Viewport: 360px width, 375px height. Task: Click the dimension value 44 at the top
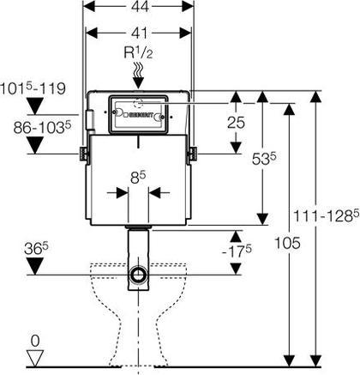[140, 6]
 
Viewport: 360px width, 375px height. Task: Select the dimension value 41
[139, 33]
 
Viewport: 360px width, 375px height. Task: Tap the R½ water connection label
[138, 53]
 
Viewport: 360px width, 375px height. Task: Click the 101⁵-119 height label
[33, 88]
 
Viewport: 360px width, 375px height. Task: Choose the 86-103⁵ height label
[42, 128]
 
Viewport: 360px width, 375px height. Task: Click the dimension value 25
[236, 123]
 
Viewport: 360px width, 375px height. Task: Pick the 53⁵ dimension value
[264, 159]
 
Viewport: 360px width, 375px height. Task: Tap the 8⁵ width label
[138, 178]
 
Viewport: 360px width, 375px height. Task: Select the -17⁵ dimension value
[237, 251]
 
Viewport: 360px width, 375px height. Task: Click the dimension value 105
[287, 244]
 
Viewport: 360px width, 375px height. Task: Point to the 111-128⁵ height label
[326, 216]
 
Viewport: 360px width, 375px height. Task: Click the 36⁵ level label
[36, 249]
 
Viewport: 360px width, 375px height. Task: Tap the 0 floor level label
[35, 342]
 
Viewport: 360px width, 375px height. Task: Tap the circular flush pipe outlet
[138, 274]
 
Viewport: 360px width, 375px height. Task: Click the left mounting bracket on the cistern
[83, 154]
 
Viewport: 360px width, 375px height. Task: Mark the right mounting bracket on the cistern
[193, 154]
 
